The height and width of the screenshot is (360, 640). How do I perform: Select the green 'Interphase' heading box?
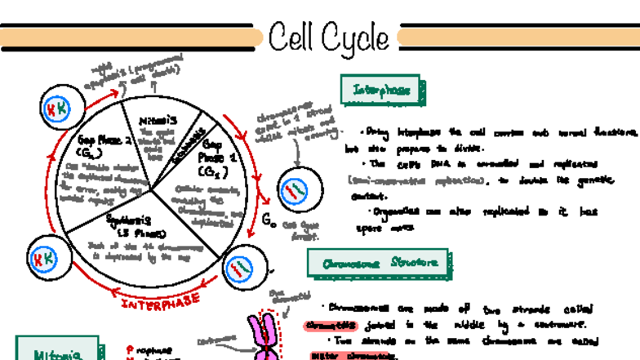click(x=381, y=90)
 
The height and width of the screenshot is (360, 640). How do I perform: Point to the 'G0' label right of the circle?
click(x=269, y=218)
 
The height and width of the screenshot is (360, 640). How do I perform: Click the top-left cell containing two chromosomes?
click(x=56, y=109)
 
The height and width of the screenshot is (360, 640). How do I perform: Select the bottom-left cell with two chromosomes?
click(x=43, y=260)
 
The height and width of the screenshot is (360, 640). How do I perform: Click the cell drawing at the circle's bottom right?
click(x=241, y=268)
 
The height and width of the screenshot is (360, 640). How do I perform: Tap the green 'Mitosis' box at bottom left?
click(x=56, y=351)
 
